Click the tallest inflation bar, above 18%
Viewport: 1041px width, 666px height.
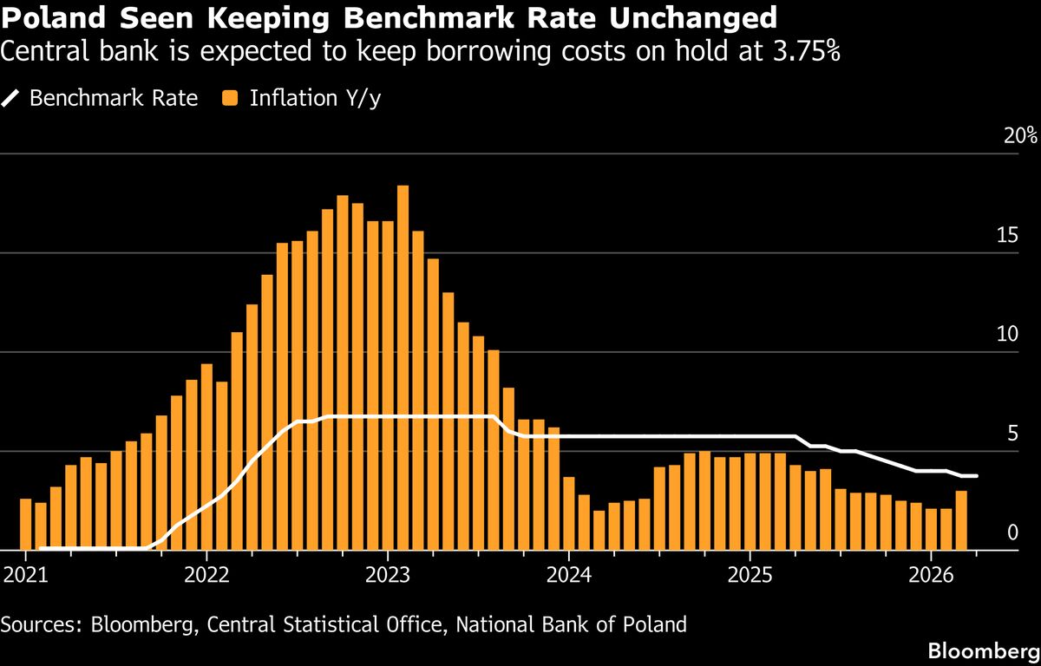pyautogui.click(x=403, y=364)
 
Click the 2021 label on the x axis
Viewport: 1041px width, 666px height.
pyautogui.click(x=26, y=574)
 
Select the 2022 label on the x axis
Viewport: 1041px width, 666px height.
pyautogui.click(x=207, y=574)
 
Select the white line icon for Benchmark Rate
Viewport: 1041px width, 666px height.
pyautogui.click(x=10, y=98)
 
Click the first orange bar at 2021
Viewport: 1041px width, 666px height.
pyautogui.click(x=26, y=524)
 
